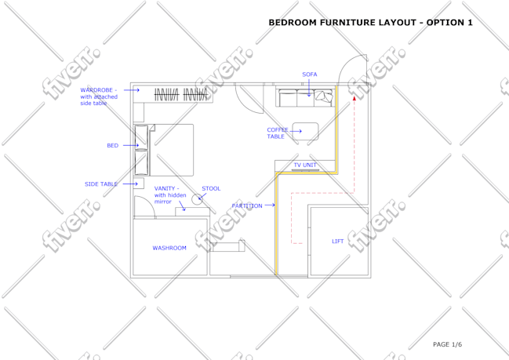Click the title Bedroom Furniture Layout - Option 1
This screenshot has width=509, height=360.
click(x=370, y=23)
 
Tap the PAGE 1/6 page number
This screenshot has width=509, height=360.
click(x=447, y=344)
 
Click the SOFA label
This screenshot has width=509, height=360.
click(x=309, y=75)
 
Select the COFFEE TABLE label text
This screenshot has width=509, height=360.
click(x=278, y=133)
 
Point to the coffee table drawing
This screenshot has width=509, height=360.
click(x=305, y=131)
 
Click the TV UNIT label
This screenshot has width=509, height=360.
click(x=305, y=165)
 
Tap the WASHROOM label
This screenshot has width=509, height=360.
click(x=169, y=248)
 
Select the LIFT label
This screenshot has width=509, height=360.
click(x=337, y=242)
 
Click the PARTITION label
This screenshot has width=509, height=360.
click(x=247, y=205)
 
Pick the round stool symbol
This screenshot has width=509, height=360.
click(x=197, y=199)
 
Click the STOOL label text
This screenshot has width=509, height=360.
click(x=211, y=188)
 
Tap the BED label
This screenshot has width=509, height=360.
click(x=113, y=145)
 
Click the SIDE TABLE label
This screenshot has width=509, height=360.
click(x=101, y=184)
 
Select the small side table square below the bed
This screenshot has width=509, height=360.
click(x=139, y=184)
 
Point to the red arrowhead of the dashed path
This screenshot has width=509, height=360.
click(x=354, y=98)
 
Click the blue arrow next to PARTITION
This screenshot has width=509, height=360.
click(x=270, y=205)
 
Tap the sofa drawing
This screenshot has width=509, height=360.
click(x=305, y=96)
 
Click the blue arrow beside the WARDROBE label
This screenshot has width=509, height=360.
click(x=132, y=90)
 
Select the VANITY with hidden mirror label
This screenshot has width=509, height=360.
click(x=170, y=195)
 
